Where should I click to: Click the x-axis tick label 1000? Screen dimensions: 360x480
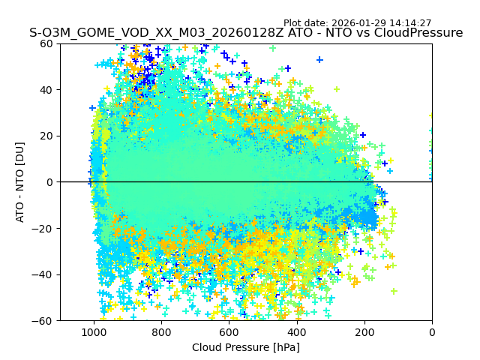[x=94, y=332]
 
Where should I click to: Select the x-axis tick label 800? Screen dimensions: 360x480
[x=161, y=332]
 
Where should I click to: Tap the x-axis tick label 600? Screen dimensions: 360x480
[x=229, y=332]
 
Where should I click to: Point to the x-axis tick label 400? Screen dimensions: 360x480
[x=296, y=332]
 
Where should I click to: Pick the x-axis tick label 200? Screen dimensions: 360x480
[x=364, y=332]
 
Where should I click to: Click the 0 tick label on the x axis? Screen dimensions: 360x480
[x=432, y=332]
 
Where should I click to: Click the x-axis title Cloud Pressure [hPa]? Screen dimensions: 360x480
[x=246, y=347]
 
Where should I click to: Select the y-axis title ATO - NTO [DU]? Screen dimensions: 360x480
[x=20, y=182]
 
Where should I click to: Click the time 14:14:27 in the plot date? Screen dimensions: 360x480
[x=409, y=23]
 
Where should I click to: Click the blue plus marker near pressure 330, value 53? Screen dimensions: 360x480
[x=319, y=60]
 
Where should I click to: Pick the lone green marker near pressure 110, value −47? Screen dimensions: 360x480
[x=394, y=291]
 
